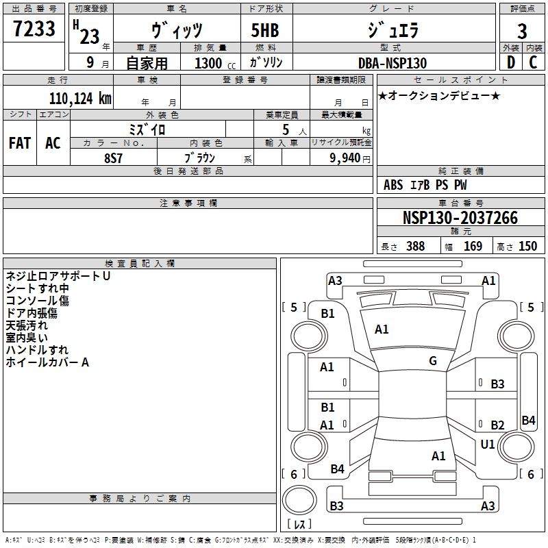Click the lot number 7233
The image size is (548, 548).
click(34, 29)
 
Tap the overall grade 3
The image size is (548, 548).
click(522, 31)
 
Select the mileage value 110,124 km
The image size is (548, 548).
click(80, 99)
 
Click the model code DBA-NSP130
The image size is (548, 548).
click(393, 63)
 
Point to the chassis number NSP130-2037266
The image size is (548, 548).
click(460, 218)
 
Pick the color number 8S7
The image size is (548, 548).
click(113, 158)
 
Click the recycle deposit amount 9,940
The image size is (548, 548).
click(345, 158)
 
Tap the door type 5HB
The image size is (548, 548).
click(265, 30)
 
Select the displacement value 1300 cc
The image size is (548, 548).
click(215, 63)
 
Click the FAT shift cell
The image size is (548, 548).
click(20, 143)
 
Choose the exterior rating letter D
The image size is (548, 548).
click(511, 62)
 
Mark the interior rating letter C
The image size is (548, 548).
click(533, 62)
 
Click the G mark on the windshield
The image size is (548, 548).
click(433, 361)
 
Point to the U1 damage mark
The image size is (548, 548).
click(488, 444)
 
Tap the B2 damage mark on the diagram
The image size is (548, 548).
click(497, 425)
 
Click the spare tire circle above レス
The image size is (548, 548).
click(299, 500)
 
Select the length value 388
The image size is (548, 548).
click(416, 247)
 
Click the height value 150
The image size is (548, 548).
click(527, 247)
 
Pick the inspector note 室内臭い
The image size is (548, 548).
click(27, 338)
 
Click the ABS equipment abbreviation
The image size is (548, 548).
click(393, 185)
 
